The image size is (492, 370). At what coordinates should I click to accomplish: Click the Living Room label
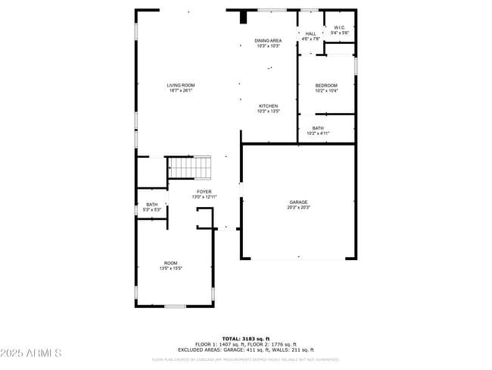point(180,86)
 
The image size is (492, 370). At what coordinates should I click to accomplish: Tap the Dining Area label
point(268,40)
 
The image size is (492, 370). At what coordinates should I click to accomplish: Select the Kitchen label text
point(268,106)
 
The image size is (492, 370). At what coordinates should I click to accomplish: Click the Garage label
point(298,202)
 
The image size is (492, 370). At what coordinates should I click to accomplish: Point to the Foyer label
point(204,192)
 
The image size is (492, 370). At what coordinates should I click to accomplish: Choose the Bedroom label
point(326,86)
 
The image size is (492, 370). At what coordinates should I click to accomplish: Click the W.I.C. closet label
point(340,28)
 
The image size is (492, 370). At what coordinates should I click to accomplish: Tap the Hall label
point(310,33)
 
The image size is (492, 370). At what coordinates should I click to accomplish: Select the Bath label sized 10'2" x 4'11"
point(317,128)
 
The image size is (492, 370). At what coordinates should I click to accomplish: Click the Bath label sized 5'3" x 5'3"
point(151,205)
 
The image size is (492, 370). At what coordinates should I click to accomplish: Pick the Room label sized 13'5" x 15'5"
point(171,263)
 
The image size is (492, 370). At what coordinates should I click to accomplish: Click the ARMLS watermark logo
point(31,353)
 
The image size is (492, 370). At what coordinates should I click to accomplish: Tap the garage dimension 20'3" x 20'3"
point(298,206)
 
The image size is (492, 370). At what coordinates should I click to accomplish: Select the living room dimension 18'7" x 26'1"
point(180,90)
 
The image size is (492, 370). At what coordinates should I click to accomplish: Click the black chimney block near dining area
point(243,17)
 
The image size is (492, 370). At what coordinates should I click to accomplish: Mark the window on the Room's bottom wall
point(176,306)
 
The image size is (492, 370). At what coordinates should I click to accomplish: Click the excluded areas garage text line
point(245,350)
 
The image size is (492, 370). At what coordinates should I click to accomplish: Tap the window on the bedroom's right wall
point(355,66)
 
